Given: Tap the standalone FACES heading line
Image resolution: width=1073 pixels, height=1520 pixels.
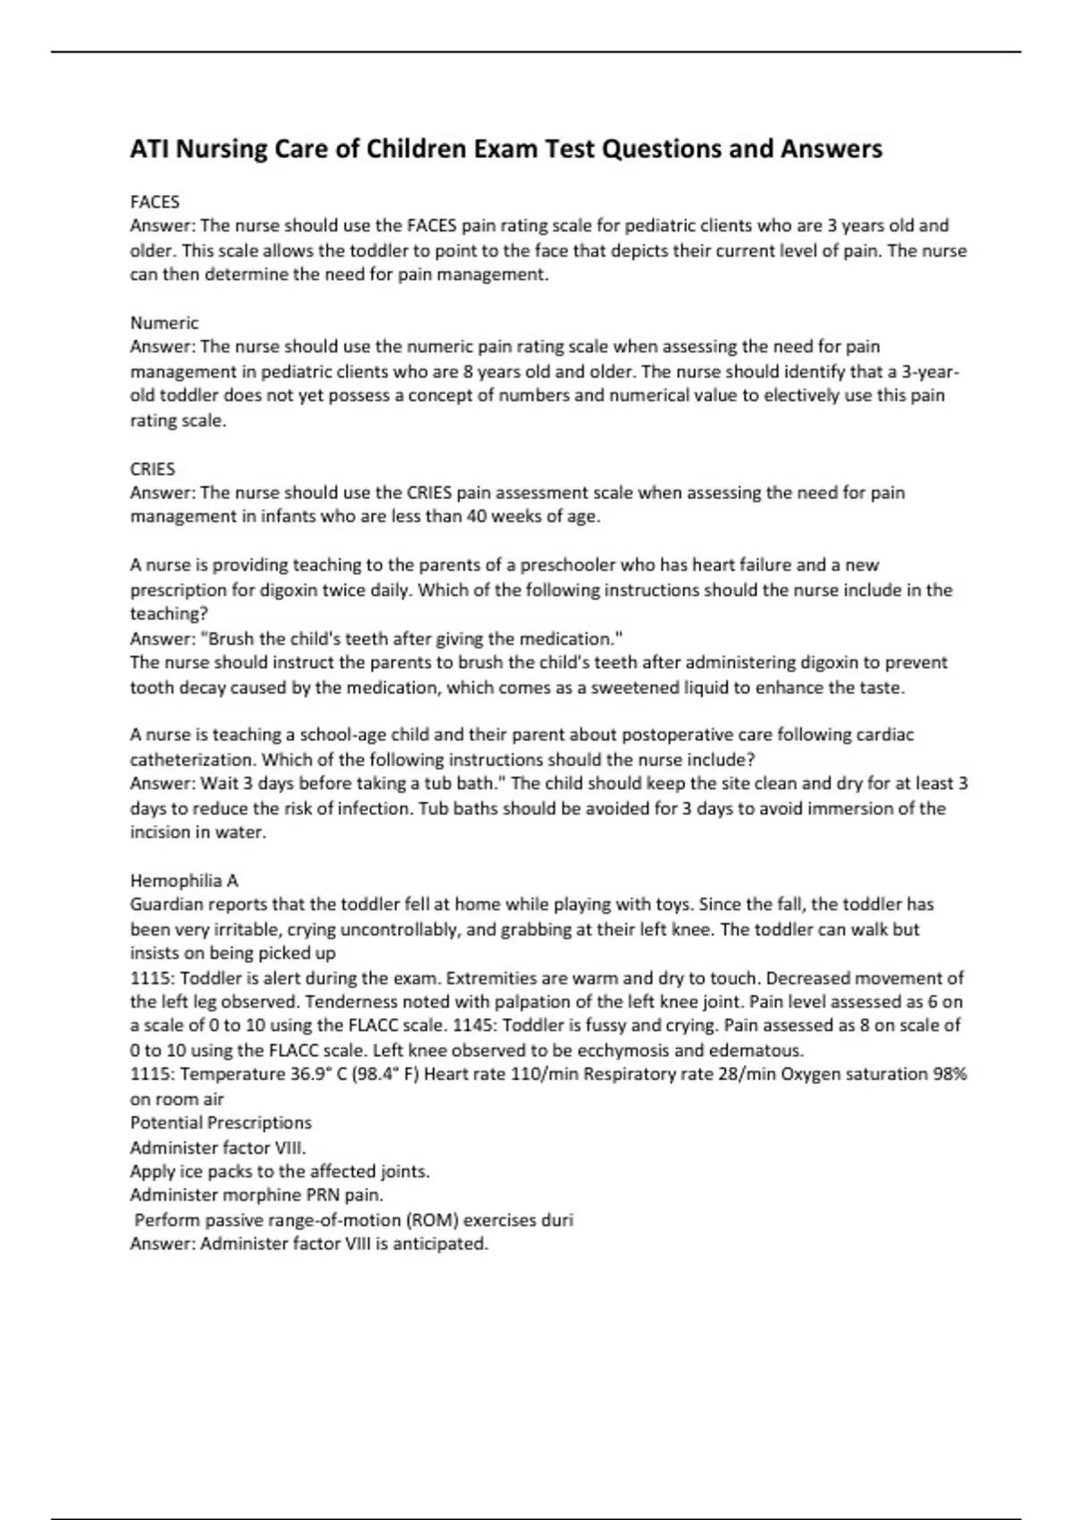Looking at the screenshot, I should [x=155, y=202].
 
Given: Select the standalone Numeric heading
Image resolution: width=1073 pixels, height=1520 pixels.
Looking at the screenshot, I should [x=164, y=323].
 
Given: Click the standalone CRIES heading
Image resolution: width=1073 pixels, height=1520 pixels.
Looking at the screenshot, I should [x=152, y=469].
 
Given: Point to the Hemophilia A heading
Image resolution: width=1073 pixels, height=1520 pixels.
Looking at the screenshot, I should [x=184, y=880].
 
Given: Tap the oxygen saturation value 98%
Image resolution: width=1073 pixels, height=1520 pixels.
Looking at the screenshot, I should [x=950, y=1074].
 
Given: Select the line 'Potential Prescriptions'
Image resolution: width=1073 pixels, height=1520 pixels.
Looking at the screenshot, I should [x=221, y=1123].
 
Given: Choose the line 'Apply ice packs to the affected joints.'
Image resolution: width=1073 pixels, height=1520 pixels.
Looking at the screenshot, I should [x=280, y=1171].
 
